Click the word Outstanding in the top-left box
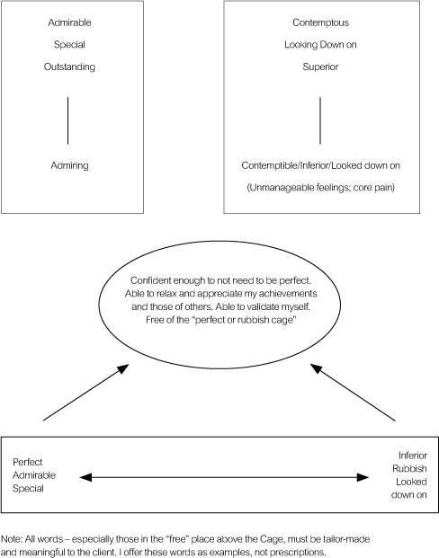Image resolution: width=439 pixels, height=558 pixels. tap(69, 66)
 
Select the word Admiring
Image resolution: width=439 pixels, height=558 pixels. tap(69, 165)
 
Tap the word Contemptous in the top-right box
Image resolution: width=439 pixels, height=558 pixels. tap(320, 22)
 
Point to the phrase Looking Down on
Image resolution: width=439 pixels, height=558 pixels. tap(320, 45)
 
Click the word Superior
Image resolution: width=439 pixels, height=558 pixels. tap(320, 66)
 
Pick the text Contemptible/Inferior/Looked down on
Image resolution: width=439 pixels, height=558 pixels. tap(320, 165)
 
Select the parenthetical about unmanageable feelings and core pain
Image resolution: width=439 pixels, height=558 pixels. tap(320, 188)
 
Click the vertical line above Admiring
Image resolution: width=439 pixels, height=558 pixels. tap(67, 120)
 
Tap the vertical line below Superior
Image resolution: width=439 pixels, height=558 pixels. tap(320, 120)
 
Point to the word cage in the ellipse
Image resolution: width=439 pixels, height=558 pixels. tap(284, 320)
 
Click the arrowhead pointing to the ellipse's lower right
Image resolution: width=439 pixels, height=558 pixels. tap(317, 368)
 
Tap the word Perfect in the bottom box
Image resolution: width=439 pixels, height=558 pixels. tap(27, 462)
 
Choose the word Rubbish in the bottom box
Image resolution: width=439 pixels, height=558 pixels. tap(409, 469)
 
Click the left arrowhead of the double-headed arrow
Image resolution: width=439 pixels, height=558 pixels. tap(85, 477)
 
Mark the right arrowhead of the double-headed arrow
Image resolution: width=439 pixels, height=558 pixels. tap(363, 477)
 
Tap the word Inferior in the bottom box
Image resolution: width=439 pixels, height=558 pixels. tap(413, 456)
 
